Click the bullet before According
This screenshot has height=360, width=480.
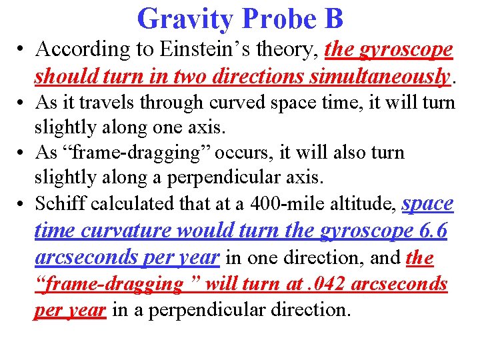(x=21, y=50)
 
